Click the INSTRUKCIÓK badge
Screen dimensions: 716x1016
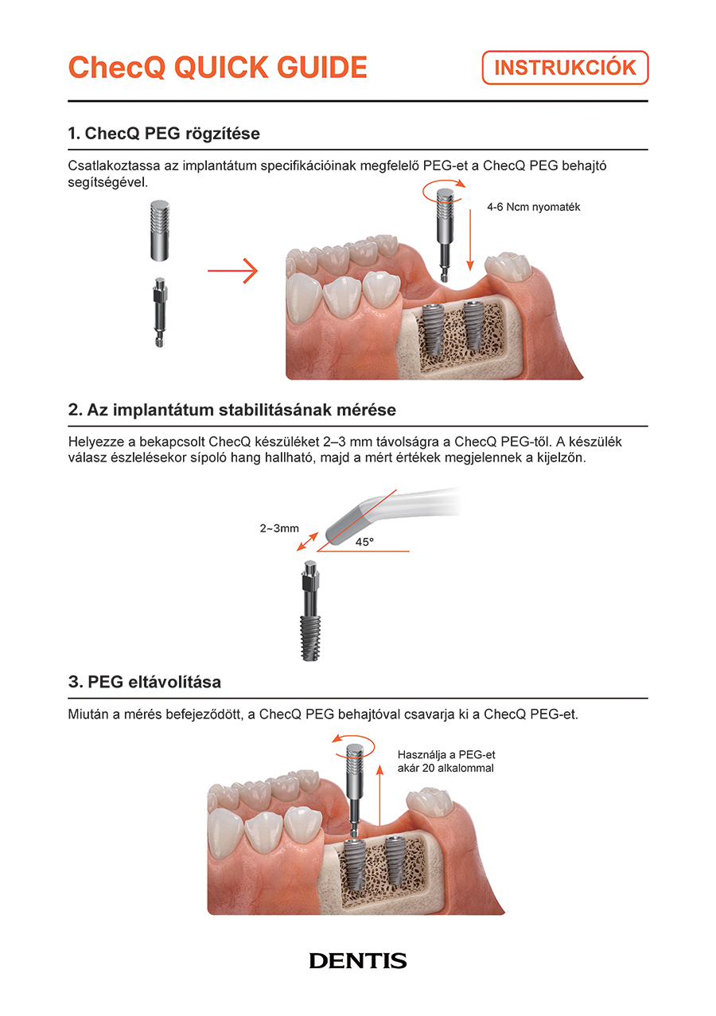coord(565,68)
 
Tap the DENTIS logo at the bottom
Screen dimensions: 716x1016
coord(358,960)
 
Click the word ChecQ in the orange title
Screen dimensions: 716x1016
coord(116,67)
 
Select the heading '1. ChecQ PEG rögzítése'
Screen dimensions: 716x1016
coord(164,134)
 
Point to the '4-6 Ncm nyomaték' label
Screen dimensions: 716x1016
coord(533,208)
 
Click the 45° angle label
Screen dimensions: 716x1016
coord(364,542)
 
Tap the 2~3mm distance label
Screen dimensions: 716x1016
coord(279,528)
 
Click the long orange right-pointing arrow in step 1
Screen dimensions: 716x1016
coord(232,271)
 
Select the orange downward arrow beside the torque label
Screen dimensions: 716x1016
coord(470,240)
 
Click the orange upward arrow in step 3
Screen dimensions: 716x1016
coord(380,794)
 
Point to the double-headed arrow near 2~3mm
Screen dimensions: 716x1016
coord(307,541)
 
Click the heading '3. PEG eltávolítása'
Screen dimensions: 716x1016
coord(145,682)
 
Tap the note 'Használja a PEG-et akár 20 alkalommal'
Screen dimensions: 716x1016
coord(446,761)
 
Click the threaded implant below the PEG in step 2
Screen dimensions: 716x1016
coord(310,637)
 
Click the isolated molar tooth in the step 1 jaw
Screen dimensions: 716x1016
coord(508,266)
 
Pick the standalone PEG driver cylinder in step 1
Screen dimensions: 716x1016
coord(160,231)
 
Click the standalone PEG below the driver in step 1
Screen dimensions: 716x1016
coord(159,313)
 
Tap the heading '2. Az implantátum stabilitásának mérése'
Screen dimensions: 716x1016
coord(232,410)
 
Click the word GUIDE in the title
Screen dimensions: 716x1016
coord(321,67)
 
